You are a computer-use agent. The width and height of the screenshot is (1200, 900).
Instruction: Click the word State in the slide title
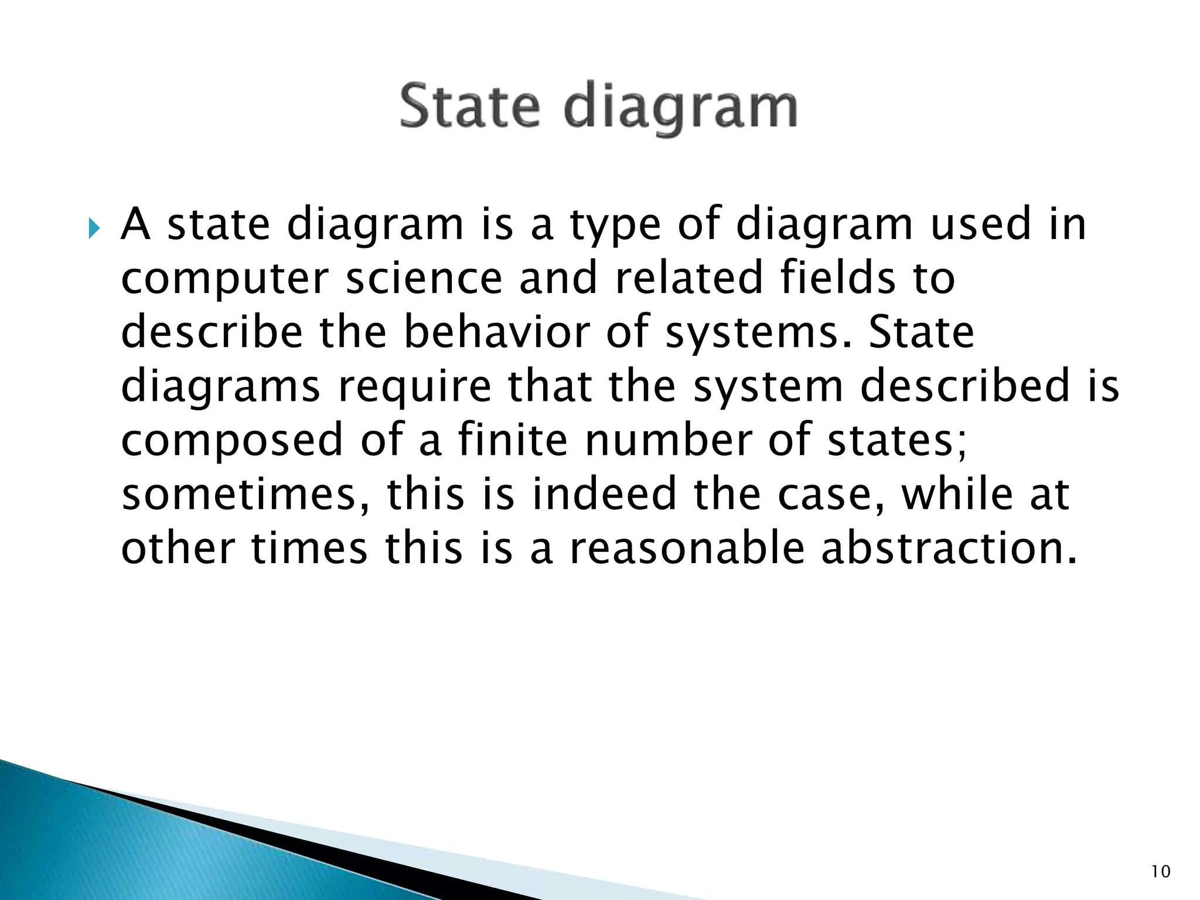point(469,106)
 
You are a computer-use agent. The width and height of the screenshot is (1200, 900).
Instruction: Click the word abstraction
point(947,548)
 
